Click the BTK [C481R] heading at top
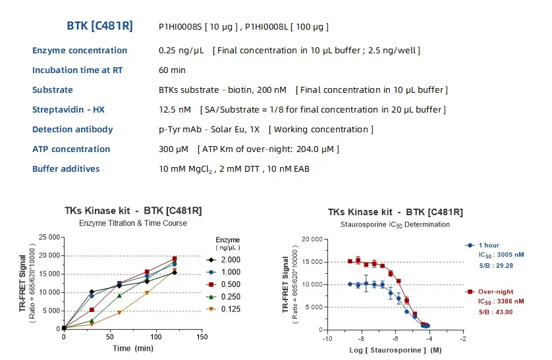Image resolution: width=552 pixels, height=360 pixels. coord(99,26)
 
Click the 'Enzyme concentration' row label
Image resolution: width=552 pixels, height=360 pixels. coord(80,51)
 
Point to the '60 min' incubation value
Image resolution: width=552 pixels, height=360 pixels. coord(172,70)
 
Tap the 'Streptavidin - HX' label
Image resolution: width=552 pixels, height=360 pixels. coord(68,110)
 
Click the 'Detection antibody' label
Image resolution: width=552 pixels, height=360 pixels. coord(72,130)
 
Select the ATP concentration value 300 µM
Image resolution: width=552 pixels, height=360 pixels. coord(174,149)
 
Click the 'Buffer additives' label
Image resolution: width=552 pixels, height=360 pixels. coord(66,169)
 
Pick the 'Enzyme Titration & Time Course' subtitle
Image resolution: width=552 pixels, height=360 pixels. coord(132,223)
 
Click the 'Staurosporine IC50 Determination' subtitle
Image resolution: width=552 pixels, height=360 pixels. coord(395,224)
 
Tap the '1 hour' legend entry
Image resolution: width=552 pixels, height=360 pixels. coord(490,245)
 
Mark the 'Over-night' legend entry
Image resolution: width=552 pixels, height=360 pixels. coord(496,290)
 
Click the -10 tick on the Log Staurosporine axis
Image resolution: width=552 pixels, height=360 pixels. coord(327,338)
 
